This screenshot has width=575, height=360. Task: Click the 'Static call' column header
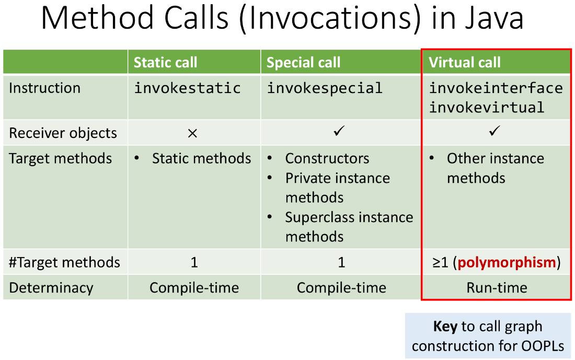(165, 62)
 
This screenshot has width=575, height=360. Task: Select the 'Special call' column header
(303, 62)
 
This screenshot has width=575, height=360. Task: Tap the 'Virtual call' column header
(465, 62)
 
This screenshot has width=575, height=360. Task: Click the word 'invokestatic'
(187, 88)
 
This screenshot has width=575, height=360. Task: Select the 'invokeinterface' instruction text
(496, 88)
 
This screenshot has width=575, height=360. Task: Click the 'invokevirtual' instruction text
(487, 108)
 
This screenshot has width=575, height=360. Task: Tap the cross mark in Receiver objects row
(192, 133)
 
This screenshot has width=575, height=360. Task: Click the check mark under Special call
(339, 131)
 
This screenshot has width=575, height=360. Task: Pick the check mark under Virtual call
(494, 131)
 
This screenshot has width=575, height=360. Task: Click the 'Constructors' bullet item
(327, 158)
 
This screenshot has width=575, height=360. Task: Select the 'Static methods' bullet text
(202, 158)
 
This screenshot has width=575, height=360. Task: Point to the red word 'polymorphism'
(507, 262)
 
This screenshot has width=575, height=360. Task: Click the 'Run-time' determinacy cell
(497, 288)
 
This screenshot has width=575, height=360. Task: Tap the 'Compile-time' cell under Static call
(194, 288)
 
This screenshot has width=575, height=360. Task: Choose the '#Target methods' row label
(64, 262)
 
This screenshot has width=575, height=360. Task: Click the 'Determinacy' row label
(51, 288)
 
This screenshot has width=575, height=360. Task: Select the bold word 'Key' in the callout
(445, 326)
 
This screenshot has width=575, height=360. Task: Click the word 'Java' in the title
(494, 18)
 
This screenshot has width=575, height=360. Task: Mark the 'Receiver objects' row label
(63, 133)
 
